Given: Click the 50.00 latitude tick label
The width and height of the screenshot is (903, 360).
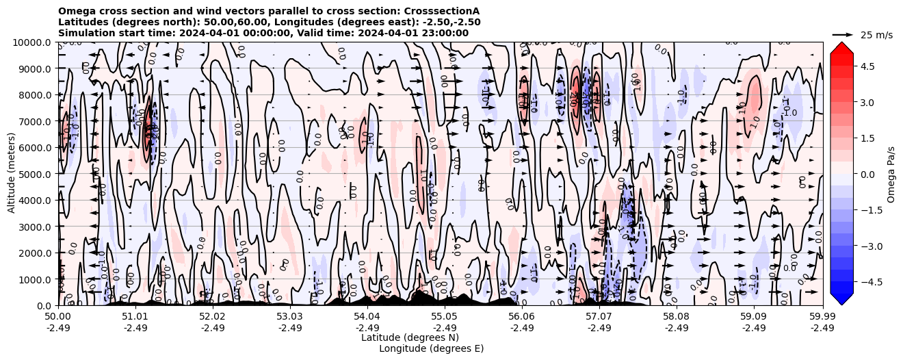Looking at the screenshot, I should [58, 317].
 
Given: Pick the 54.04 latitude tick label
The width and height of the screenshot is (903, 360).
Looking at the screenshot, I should [367, 317].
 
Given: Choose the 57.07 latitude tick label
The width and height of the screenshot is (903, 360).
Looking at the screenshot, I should [599, 317].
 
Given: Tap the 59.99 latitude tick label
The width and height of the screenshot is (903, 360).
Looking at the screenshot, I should [822, 317].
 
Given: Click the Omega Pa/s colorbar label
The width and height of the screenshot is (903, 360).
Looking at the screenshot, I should [891, 174].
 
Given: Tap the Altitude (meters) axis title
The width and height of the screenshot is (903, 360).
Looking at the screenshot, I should [12, 174].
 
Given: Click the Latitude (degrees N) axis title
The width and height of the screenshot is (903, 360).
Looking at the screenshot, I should [410, 337].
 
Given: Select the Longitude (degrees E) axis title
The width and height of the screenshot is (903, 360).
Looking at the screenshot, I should [431, 348].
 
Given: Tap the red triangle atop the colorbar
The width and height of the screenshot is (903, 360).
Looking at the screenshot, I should [841, 48].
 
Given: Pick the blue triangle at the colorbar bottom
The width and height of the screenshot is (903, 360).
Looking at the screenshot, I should [841, 298].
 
